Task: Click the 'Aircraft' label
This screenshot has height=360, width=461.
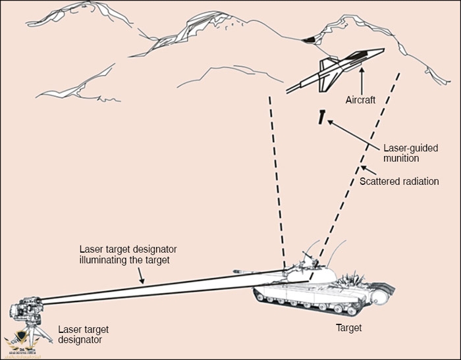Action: click(x=360, y=100)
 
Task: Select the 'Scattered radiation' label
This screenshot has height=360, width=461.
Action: click(x=399, y=180)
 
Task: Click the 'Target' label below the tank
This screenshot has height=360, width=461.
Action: click(x=348, y=326)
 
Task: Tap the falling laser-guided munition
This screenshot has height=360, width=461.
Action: click(x=321, y=118)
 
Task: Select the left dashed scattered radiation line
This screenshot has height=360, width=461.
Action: click(x=277, y=178)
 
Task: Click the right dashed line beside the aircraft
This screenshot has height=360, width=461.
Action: click(x=362, y=165)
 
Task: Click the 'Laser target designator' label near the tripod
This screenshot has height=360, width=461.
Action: click(x=83, y=334)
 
